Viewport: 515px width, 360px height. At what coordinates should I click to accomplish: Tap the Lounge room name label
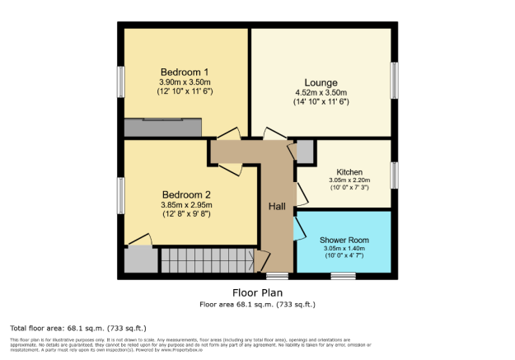coord(321,82)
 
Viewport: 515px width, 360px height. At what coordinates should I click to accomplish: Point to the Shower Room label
coord(344,240)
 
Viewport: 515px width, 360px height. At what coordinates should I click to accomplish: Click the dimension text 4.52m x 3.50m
coord(321,92)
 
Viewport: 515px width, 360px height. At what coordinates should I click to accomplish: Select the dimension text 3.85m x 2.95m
coord(185,205)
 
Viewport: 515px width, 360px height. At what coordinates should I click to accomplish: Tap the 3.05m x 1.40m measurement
coord(344,249)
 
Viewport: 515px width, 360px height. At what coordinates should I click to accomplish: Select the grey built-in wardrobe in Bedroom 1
coord(162,128)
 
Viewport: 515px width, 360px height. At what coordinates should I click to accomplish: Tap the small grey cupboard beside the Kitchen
coord(305,152)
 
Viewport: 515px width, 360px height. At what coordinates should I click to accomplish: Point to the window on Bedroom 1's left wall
coord(120,82)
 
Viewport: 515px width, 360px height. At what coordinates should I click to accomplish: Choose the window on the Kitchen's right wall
coord(395,175)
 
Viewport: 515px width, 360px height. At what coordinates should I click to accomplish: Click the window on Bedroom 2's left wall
coord(120,194)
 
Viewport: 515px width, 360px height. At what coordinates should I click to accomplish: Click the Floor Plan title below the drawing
coord(256,292)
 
